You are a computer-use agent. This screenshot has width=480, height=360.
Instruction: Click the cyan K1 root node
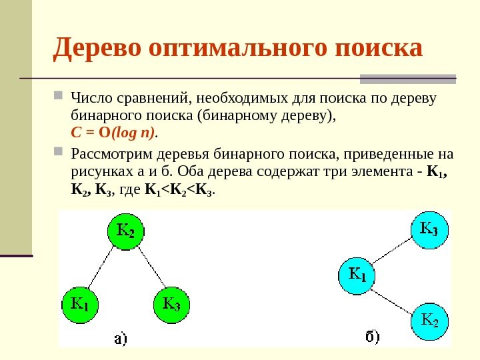(x=358, y=274)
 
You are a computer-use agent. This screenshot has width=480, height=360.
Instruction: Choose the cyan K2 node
(x=429, y=321)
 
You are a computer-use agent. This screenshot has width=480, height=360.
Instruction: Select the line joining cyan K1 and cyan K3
(x=393, y=252)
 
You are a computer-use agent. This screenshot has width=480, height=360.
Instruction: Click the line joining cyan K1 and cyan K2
(x=393, y=297)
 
